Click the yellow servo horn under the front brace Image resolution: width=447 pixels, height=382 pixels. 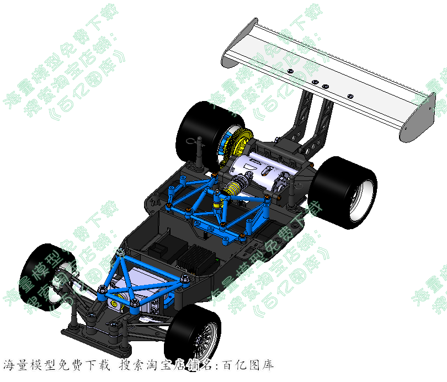pos(115,303)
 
